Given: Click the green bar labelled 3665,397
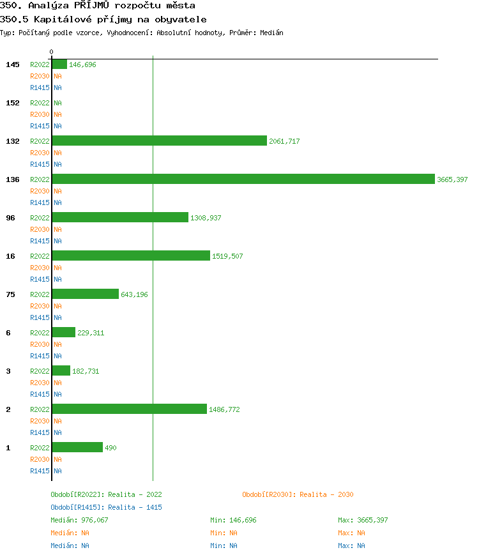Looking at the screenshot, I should [243, 179].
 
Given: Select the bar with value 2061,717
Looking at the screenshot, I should [159, 141].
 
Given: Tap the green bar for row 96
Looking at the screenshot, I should [120, 217].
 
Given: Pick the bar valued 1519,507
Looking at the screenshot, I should [131, 256].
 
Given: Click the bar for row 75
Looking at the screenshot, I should [85, 294].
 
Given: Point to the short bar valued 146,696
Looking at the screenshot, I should [59, 64].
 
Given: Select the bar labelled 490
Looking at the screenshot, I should [77, 447].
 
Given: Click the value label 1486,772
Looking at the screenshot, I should [224, 409].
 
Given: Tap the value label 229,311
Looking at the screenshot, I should [91, 333].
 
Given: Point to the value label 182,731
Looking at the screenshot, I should [86, 371].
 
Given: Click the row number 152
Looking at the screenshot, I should [13, 103].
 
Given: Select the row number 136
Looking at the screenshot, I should [13, 179].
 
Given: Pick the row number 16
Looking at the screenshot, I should [10, 256].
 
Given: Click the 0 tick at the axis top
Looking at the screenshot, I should [52, 52].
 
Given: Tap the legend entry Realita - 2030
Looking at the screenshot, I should [298, 494].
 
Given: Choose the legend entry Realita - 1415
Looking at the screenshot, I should [106, 507].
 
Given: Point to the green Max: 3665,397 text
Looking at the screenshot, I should [363, 520].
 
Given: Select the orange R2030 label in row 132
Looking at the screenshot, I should [40, 153].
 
